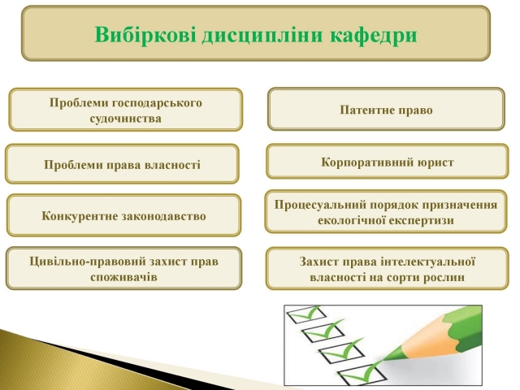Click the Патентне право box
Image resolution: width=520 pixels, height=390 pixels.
(x=387, y=109)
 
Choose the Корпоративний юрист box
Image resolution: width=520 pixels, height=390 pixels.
(x=387, y=162)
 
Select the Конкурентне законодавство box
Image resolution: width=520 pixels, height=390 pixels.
(x=123, y=215)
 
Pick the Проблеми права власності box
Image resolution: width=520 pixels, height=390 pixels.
(x=122, y=164)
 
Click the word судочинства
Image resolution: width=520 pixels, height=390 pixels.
(x=125, y=119)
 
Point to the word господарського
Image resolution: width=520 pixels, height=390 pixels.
(x=157, y=103)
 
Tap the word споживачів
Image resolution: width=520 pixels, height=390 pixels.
(x=123, y=277)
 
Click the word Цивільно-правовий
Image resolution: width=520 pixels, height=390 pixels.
(x=88, y=262)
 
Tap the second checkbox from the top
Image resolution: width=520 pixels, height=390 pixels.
(x=322, y=332)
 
